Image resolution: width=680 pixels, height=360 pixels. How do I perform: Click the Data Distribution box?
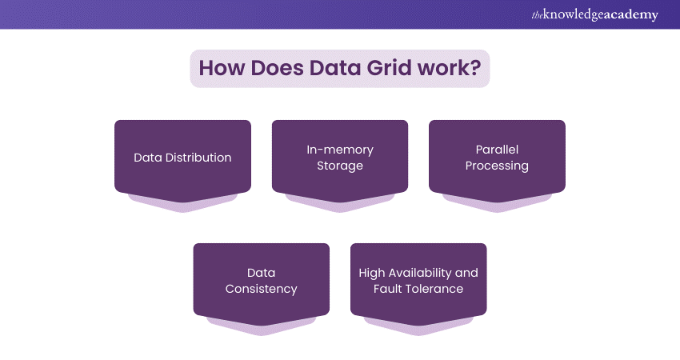click(x=182, y=158)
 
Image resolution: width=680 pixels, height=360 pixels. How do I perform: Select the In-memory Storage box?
click(x=340, y=158)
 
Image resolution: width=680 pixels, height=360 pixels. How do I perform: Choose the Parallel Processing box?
click(x=497, y=158)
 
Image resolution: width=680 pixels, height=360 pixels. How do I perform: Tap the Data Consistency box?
click(x=262, y=281)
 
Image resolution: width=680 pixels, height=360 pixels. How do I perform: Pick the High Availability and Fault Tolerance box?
click(x=418, y=281)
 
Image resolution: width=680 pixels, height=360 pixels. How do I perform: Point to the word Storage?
click(x=340, y=166)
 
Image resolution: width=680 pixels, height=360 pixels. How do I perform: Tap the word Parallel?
click(x=498, y=150)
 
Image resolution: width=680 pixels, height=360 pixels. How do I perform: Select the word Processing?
click(x=498, y=166)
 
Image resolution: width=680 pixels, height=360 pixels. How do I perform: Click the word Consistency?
click(x=262, y=289)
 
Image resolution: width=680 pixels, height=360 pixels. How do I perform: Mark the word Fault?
click(x=388, y=289)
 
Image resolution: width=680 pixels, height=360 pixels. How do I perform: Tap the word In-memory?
click(x=340, y=150)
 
